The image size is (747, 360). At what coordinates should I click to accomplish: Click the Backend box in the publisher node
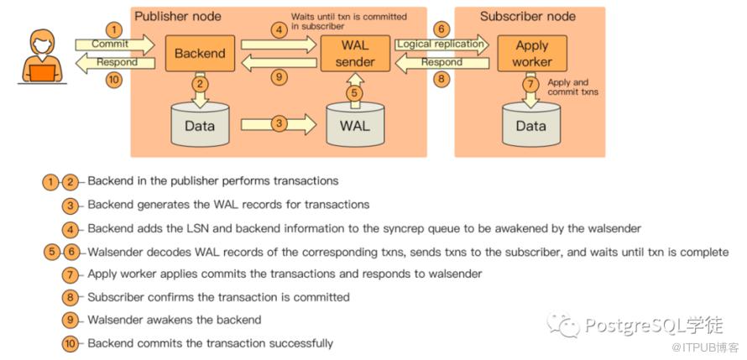click(200, 54)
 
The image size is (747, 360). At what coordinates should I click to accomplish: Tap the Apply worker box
click(531, 53)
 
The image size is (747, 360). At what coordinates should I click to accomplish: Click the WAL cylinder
click(354, 126)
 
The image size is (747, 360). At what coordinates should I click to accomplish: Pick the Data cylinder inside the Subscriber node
click(530, 126)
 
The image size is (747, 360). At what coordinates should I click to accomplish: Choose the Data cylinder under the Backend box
click(200, 126)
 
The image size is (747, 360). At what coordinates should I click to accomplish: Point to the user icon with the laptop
click(40, 56)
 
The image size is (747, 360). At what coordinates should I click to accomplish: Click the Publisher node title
click(179, 16)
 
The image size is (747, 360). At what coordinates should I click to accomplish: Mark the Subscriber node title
click(528, 16)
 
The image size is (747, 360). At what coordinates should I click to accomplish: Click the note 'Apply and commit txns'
click(572, 88)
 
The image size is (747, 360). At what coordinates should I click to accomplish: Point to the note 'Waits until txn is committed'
click(348, 21)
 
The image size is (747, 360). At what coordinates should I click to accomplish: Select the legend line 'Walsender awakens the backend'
click(174, 320)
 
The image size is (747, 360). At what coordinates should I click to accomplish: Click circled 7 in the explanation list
click(71, 274)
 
